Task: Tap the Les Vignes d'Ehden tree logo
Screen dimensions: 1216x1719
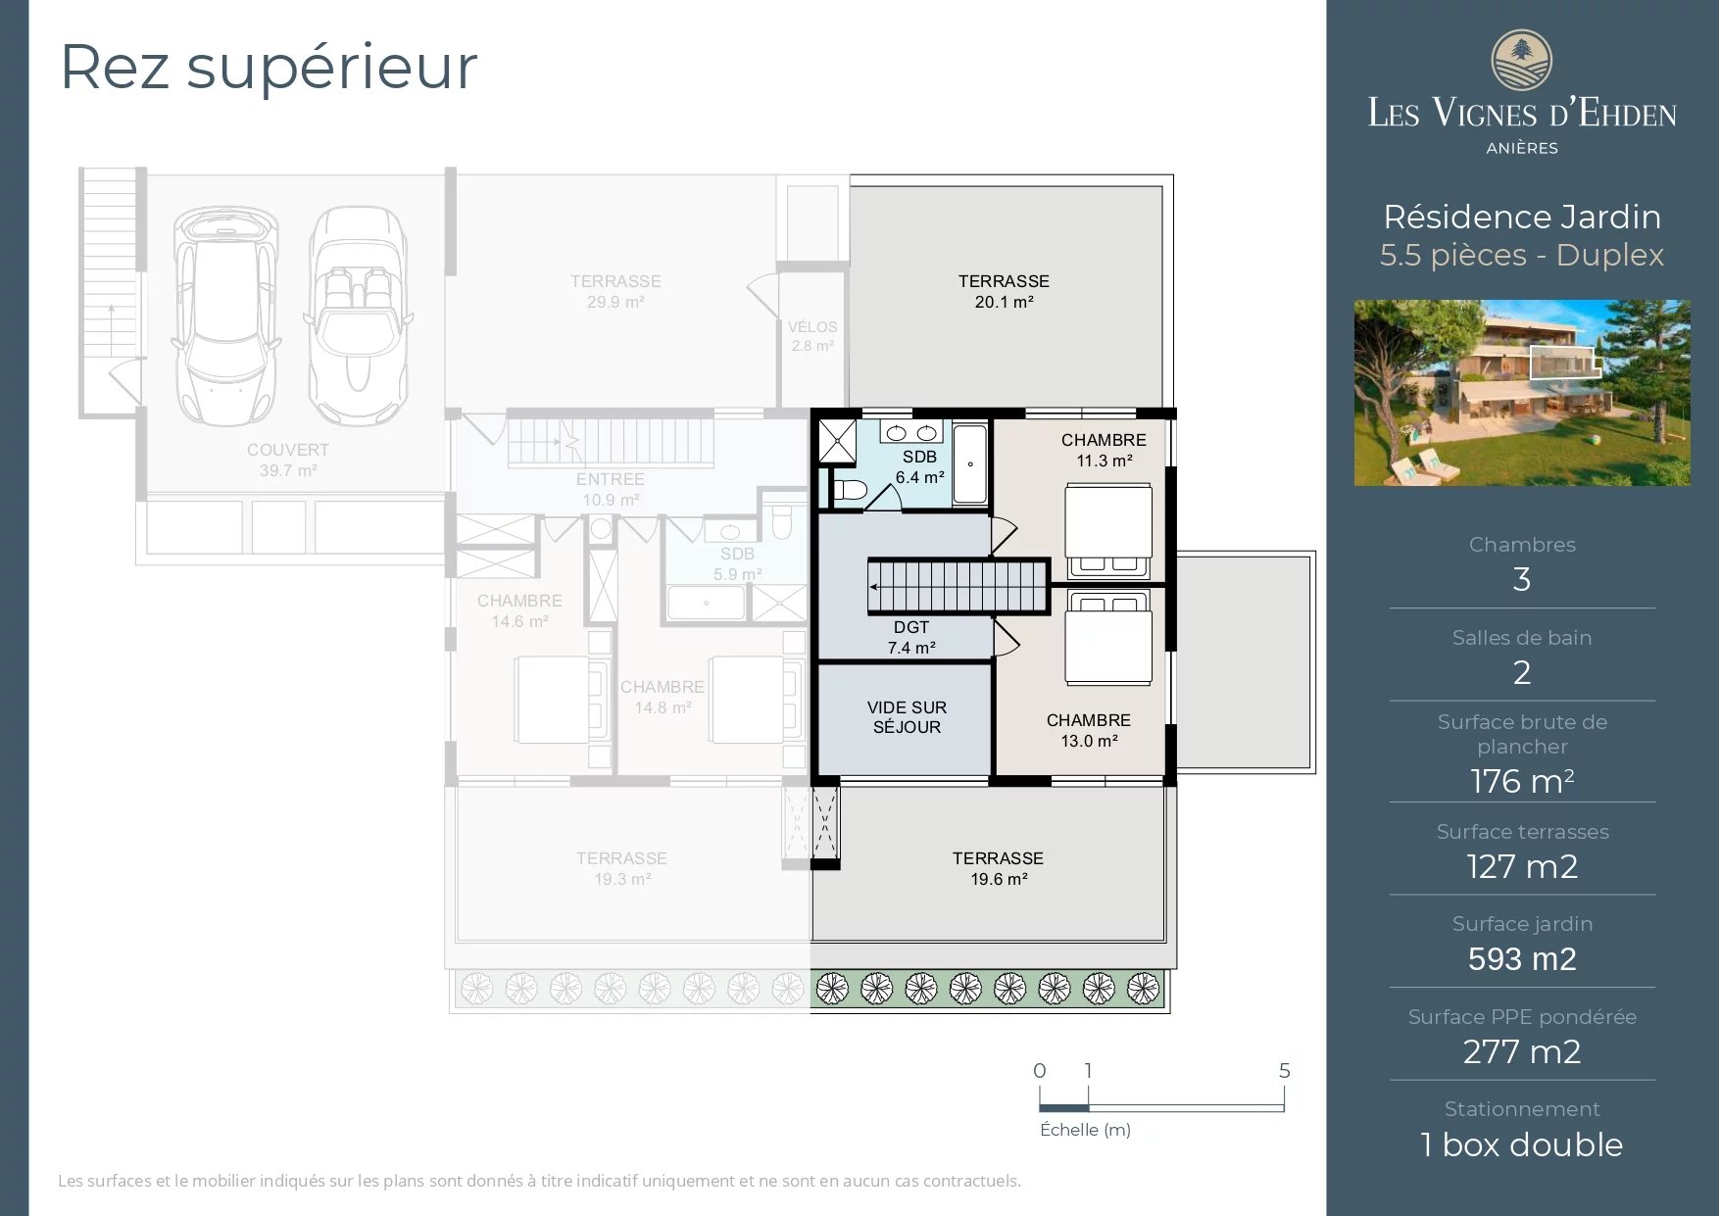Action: coord(1521,61)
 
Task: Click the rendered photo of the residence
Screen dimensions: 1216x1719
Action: coord(1521,392)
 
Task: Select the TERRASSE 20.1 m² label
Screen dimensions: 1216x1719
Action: coord(1004,291)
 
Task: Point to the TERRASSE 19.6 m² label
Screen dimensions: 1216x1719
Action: coord(998,868)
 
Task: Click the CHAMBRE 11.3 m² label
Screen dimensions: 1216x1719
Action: coord(1104,450)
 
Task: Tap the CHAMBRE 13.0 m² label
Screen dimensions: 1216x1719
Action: coord(1088,730)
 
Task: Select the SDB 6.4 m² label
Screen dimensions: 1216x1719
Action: coord(919,467)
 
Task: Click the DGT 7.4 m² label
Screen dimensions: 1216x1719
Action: coord(911,638)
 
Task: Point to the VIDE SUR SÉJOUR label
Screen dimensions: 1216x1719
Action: coord(907,717)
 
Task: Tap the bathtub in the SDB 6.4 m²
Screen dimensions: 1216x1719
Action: coord(969,463)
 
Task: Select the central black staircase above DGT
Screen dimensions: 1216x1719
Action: coord(958,586)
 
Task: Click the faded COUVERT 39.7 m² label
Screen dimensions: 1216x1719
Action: coord(287,460)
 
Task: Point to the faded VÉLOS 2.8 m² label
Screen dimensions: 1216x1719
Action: coord(812,336)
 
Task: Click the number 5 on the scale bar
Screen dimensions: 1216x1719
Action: coord(1284,1071)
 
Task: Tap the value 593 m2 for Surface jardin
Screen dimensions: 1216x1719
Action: coord(1521,958)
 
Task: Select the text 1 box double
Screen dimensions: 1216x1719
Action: coord(1521,1144)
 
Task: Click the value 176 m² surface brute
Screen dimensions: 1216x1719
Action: coord(1521,781)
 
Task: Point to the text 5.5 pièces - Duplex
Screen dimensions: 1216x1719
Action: coord(1521,255)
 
